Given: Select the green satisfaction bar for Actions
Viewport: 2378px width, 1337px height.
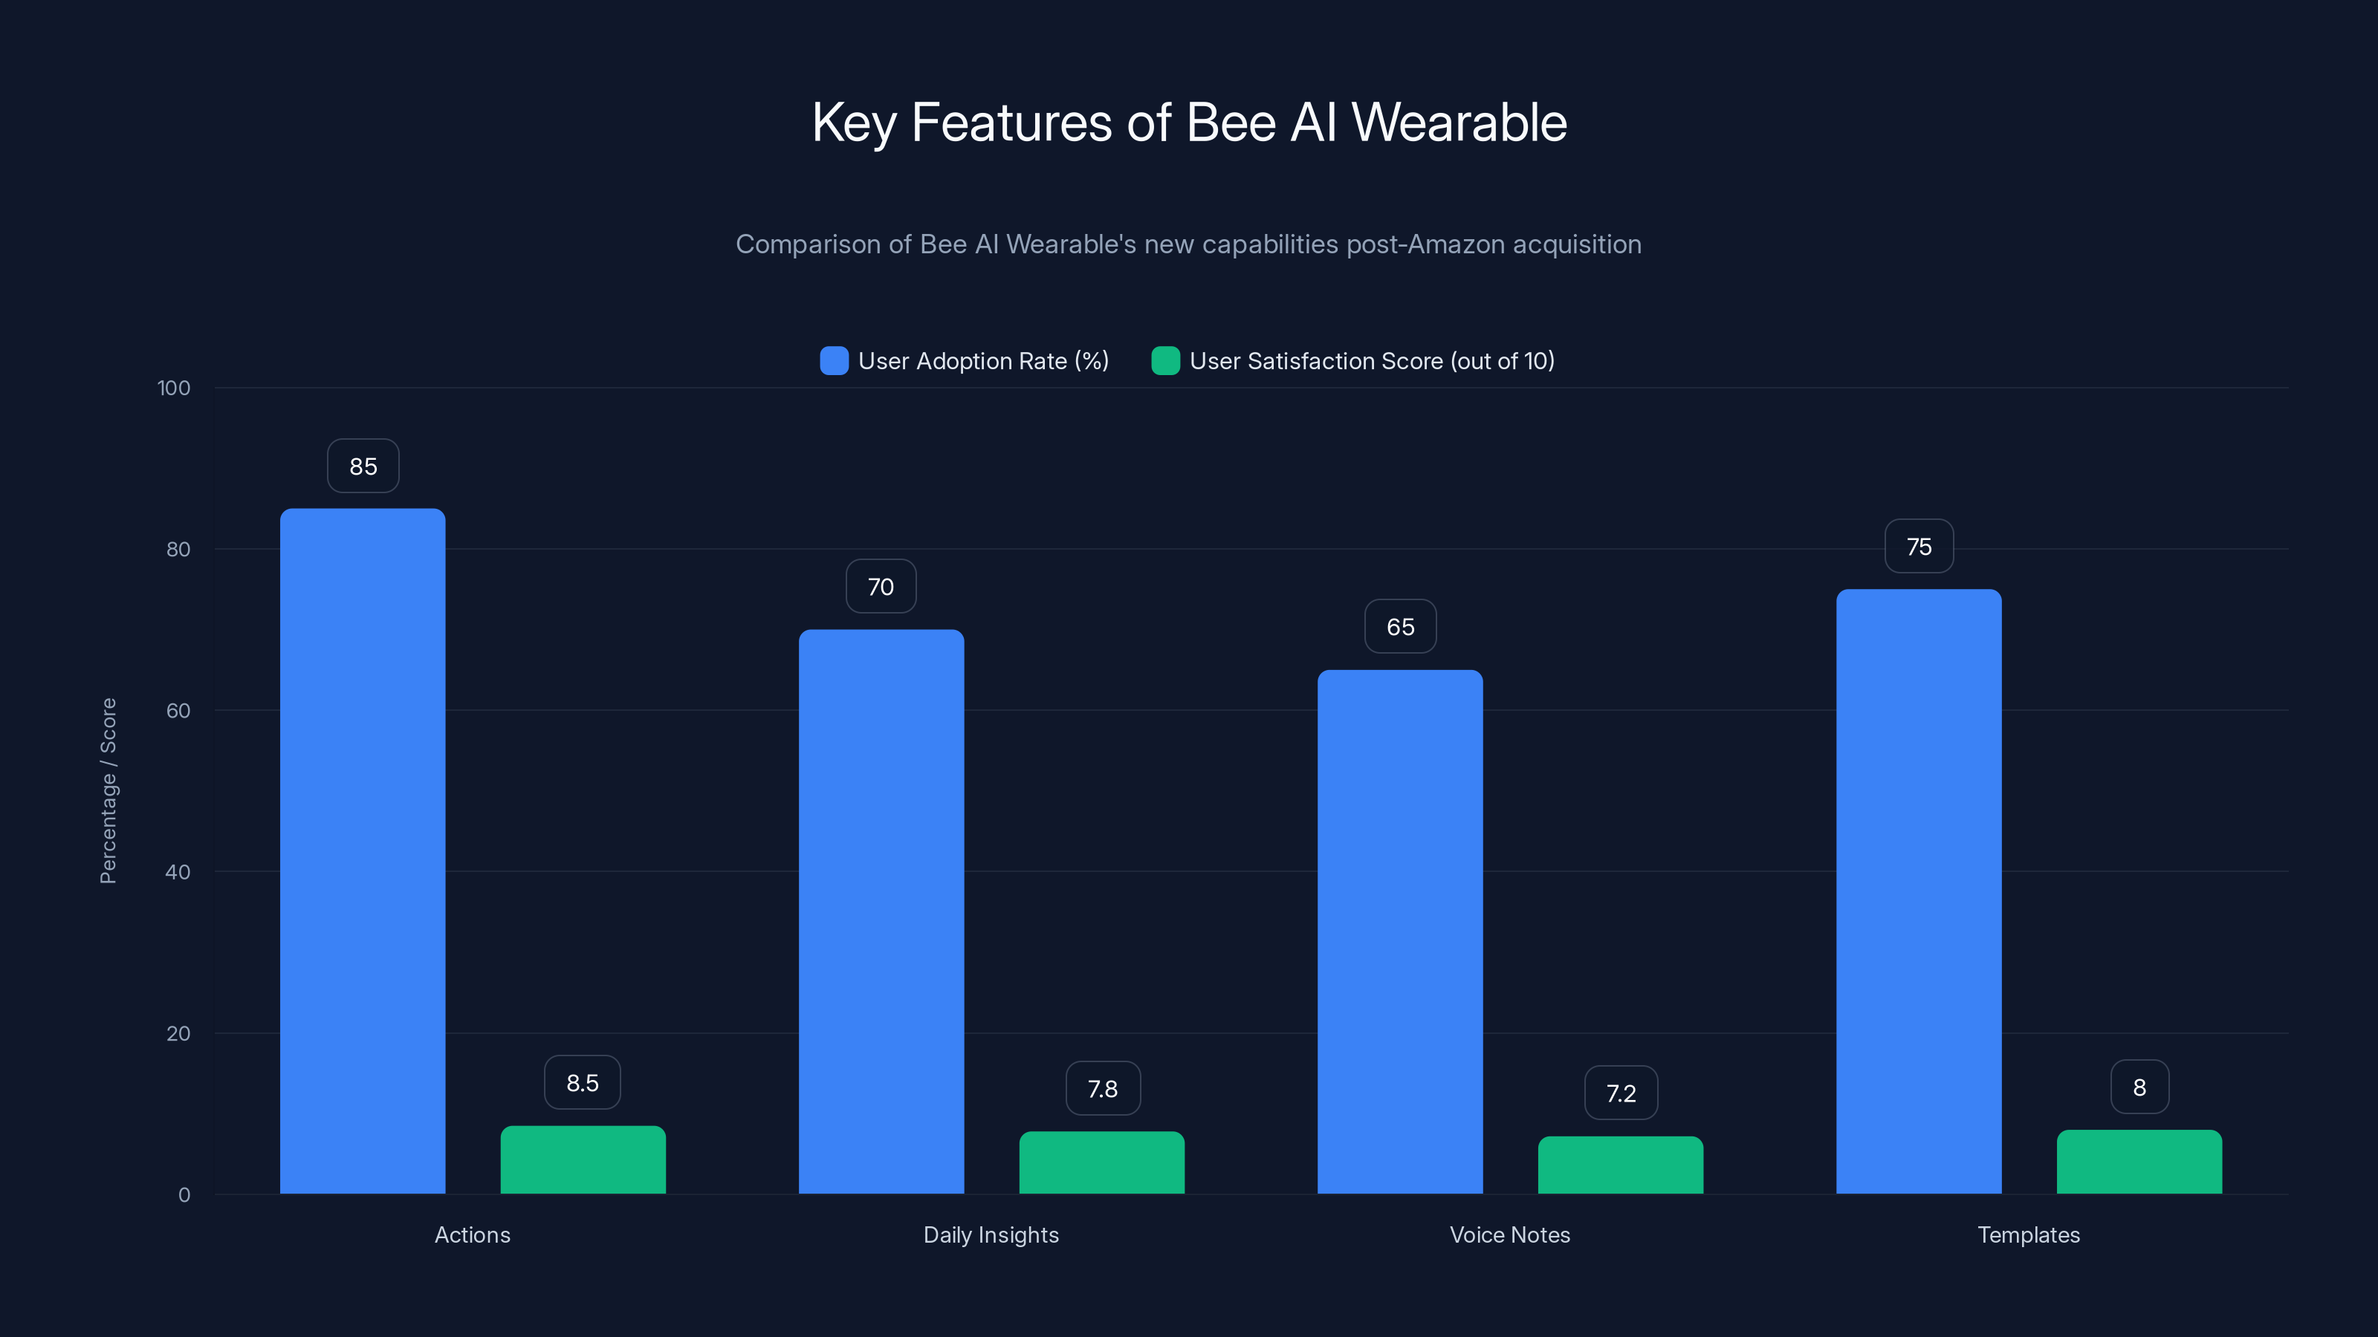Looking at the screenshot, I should coord(583,1159).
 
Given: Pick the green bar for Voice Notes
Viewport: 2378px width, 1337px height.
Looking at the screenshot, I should coord(1620,1165).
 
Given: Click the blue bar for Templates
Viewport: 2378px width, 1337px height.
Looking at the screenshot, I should coord(1918,891).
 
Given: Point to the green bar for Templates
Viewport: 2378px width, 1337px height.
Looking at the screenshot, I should coord(2139,1162).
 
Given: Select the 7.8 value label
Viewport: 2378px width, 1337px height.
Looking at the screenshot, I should coord(1102,1089).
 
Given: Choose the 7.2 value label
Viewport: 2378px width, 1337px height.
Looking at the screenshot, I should coord(1621,1093).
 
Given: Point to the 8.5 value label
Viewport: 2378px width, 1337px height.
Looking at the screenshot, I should coord(583,1083).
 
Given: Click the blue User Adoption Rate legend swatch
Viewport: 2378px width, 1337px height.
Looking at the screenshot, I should coord(834,361).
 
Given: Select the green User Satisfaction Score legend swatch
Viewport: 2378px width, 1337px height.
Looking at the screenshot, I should coord(1165,361).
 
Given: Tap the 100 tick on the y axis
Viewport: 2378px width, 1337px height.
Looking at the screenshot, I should coord(174,388).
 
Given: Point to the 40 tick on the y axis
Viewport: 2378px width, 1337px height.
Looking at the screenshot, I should coord(178,872).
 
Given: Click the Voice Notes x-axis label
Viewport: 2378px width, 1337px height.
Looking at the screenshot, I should coord(1509,1234).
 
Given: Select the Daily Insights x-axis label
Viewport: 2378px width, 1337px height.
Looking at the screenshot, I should coord(991,1234).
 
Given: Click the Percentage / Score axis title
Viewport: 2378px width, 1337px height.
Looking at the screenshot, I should coord(108,791).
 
